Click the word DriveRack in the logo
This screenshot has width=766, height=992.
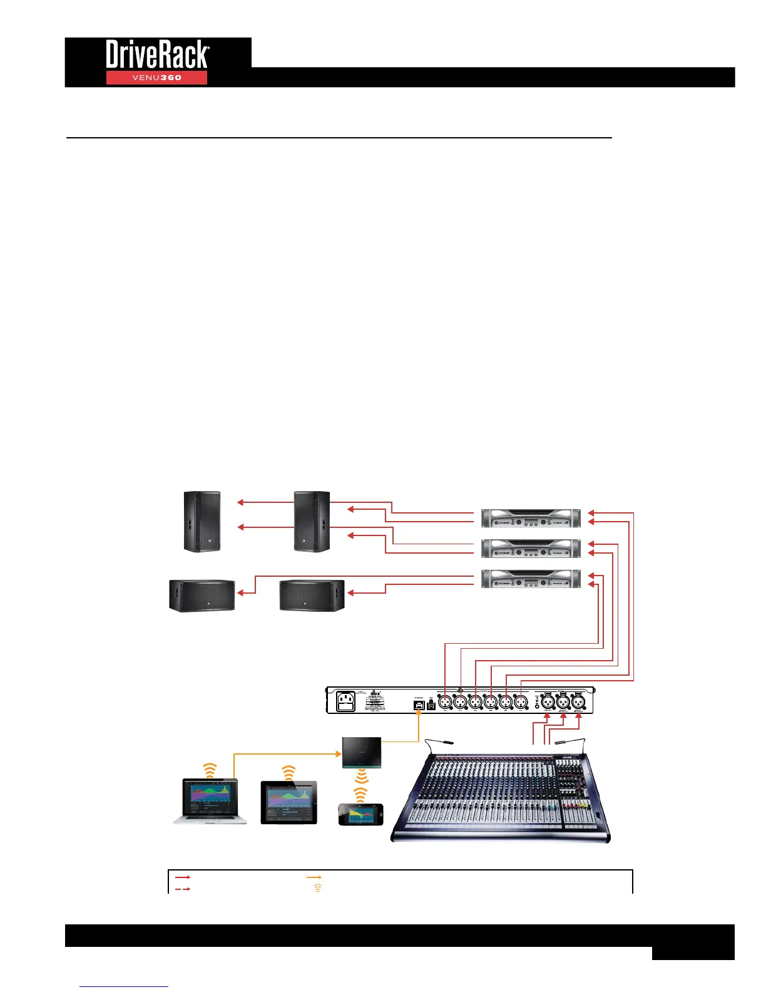tap(157, 54)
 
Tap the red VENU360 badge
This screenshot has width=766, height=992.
tap(156, 78)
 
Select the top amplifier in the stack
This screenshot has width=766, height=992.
tap(531, 519)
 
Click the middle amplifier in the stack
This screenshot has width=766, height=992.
tap(531, 549)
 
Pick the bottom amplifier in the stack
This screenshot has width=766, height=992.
tap(531, 579)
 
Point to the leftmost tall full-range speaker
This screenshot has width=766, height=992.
tap(202, 522)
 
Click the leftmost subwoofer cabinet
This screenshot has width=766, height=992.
tap(202, 596)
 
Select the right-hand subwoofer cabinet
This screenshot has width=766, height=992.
tap(312, 596)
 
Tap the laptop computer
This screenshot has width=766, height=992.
tap(210, 801)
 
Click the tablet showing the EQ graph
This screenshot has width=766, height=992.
tap(289, 802)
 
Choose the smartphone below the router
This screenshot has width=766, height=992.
tap(360, 814)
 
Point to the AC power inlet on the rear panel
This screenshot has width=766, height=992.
tap(346, 701)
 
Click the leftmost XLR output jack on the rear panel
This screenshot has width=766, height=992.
tap(445, 703)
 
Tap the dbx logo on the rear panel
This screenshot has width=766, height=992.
tap(375, 693)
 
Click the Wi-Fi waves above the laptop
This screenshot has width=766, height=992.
tap(210, 770)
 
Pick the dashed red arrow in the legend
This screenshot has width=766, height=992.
tap(182, 889)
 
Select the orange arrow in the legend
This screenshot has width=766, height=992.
tap(314, 878)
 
